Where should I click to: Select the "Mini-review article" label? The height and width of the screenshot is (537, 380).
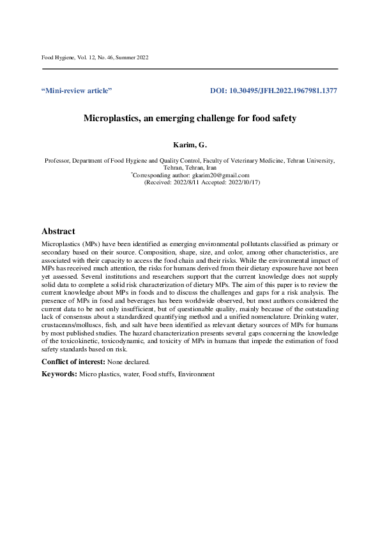point(77,91)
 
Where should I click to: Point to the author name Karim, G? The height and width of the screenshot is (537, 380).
point(190,147)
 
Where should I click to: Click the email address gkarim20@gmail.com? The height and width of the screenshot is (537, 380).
point(221,175)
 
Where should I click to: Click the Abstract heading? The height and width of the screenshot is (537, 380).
point(58,232)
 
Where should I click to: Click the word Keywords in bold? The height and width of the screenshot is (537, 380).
point(58,374)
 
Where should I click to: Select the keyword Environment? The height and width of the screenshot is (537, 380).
point(196,374)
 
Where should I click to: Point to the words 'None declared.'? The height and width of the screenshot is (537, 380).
point(119,362)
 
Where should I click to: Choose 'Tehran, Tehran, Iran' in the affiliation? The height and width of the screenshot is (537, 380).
point(190,168)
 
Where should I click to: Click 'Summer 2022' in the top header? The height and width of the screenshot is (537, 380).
point(133,58)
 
